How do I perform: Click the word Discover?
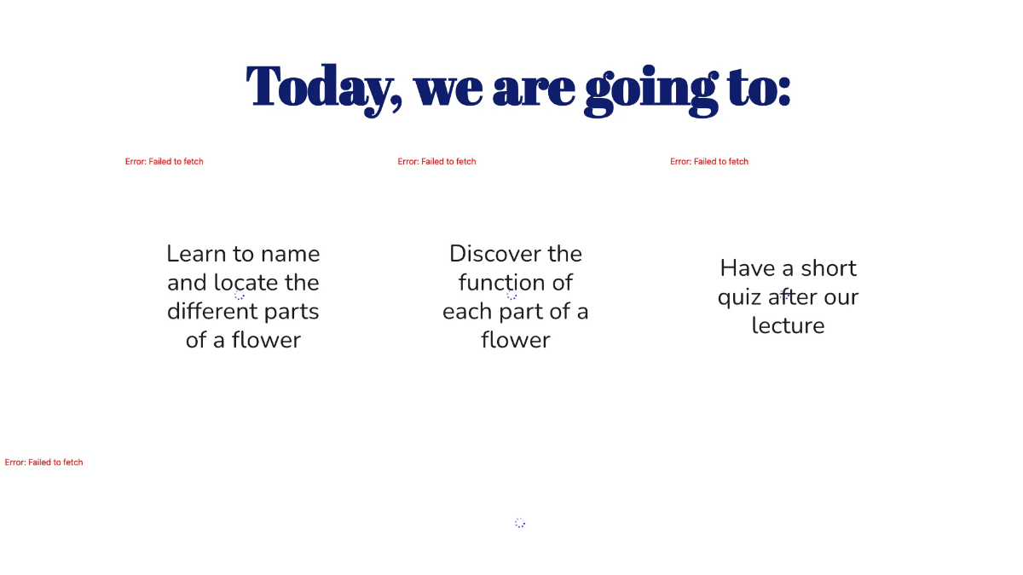[490, 254]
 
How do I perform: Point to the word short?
[828, 268]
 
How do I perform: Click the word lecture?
[788, 325]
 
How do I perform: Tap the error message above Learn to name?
[165, 162]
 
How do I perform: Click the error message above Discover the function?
[436, 162]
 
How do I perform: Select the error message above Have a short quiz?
[709, 162]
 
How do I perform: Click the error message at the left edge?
[44, 463]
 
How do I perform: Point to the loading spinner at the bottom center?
[520, 523]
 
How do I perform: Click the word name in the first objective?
[290, 254]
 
